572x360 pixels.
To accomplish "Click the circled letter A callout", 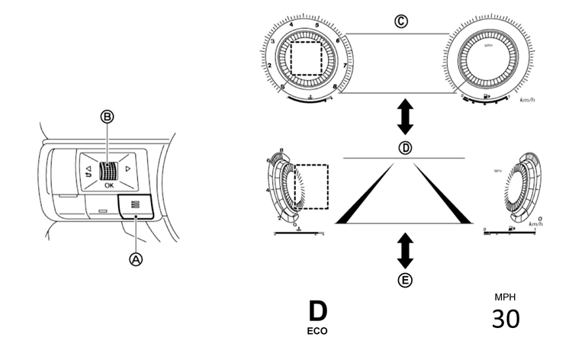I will tap(137, 259).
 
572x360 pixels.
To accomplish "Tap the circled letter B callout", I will tap(107, 117).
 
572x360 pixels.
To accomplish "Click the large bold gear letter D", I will tap(317, 312).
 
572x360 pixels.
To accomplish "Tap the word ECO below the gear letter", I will tap(317, 332).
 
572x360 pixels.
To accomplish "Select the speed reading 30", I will tap(505, 318).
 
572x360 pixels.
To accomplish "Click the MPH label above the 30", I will tap(505, 297).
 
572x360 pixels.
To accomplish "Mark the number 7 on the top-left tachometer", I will tap(345, 66).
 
